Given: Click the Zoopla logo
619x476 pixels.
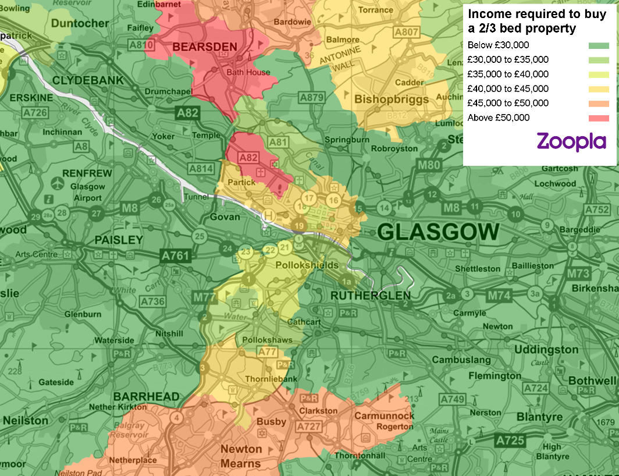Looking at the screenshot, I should [571, 141].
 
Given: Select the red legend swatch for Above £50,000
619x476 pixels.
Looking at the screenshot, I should [599, 118].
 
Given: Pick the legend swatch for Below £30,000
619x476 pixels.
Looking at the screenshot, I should [599, 45].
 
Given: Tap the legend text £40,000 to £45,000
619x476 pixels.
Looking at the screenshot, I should [508, 89].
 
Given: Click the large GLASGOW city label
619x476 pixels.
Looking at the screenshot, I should [438, 233].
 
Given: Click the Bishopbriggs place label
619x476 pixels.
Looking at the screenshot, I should [392, 99].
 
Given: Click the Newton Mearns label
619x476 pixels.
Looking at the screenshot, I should [241, 456].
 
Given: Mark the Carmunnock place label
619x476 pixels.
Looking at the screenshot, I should [384, 415].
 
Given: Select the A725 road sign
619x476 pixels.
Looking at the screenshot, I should [510, 441].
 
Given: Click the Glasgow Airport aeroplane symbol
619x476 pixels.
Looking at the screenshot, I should [58, 183].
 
